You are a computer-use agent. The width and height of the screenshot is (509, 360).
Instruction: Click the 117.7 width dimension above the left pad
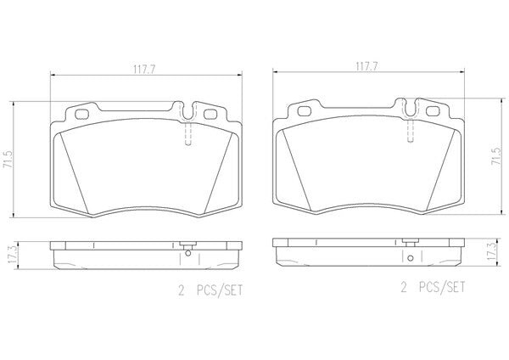(x=144, y=69)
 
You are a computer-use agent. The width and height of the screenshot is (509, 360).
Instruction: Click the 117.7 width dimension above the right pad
(x=366, y=66)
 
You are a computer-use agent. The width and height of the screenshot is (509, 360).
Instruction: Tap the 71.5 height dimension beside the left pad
(x=7, y=160)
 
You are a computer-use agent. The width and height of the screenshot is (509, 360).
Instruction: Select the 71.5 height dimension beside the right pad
(x=497, y=156)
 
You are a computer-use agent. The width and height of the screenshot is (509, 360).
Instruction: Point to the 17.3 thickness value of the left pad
(x=12, y=256)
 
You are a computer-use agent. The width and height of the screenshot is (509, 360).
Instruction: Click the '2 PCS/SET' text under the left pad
(x=210, y=290)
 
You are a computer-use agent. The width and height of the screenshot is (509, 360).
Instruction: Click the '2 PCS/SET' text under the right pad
(x=433, y=287)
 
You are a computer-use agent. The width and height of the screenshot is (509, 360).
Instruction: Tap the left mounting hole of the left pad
(x=81, y=114)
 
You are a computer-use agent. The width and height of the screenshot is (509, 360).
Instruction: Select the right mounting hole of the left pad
(x=210, y=114)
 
